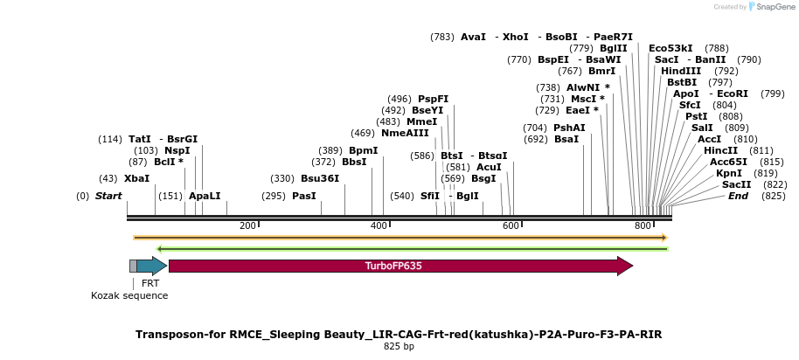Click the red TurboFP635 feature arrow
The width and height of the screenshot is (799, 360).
click(399, 266)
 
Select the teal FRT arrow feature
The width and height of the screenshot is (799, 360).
click(150, 266)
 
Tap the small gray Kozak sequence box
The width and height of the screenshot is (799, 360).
click(133, 266)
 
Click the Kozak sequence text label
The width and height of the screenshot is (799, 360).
click(129, 295)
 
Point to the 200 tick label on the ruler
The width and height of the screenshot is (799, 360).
click(247, 225)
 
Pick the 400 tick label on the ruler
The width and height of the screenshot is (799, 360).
click(379, 225)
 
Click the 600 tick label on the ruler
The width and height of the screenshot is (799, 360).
click(511, 225)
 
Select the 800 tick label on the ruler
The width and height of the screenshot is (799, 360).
click(643, 225)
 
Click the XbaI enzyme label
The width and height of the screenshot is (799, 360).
click(136, 178)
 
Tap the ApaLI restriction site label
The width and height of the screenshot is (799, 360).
click(205, 196)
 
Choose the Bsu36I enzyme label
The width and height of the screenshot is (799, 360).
click(320, 178)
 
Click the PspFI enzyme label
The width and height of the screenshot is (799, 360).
click(433, 99)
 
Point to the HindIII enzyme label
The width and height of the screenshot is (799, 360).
click(687, 71)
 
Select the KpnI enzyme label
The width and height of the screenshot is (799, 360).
click(728, 173)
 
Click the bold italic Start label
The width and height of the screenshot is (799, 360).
click(108, 196)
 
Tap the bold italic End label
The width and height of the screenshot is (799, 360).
click(738, 196)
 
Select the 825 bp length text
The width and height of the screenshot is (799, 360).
click(399, 347)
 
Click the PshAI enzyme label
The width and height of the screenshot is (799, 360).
click(569, 128)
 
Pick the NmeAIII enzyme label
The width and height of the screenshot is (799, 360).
click(402, 133)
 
